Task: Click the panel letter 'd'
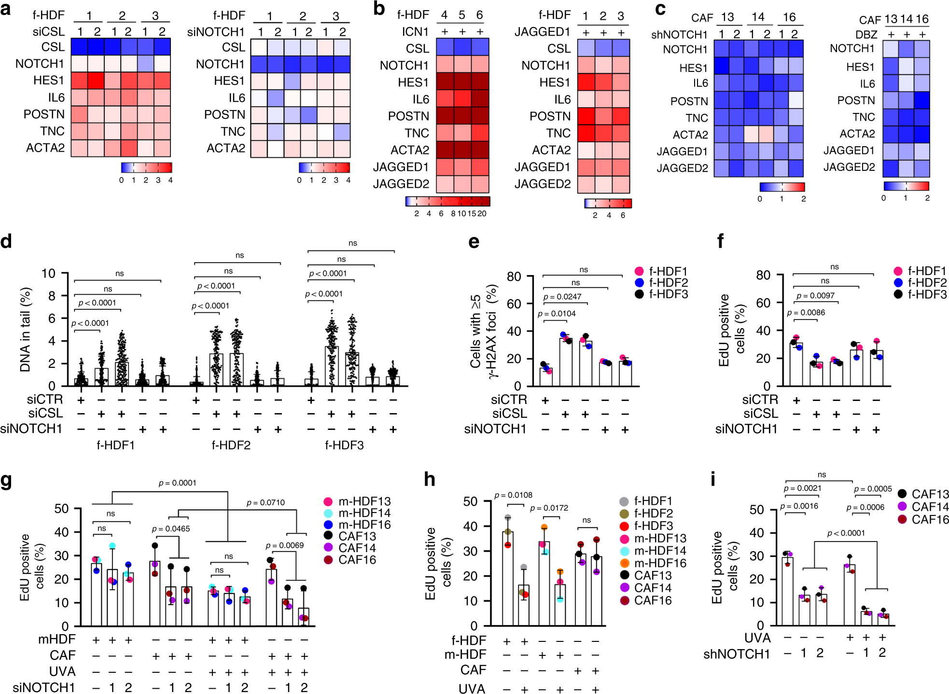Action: [x=6, y=241]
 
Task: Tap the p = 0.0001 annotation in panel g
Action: [x=177, y=483]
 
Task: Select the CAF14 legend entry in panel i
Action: [x=923, y=507]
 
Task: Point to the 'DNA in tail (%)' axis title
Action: [x=25, y=330]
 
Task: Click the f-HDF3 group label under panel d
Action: [x=344, y=445]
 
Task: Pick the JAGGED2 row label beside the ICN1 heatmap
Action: [x=401, y=184]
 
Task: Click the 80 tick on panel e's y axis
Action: [x=514, y=277]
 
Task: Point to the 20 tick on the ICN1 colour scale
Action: [x=482, y=213]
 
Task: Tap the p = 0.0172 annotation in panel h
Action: [x=549, y=508]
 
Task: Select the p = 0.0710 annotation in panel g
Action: [x=265, y=502]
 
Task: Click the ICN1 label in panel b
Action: [x=415, y=32]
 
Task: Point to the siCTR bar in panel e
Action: [x=546, y=377]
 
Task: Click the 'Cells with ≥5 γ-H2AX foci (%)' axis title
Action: [x=483, y=332]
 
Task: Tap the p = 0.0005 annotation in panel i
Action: [x=872, y=489]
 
